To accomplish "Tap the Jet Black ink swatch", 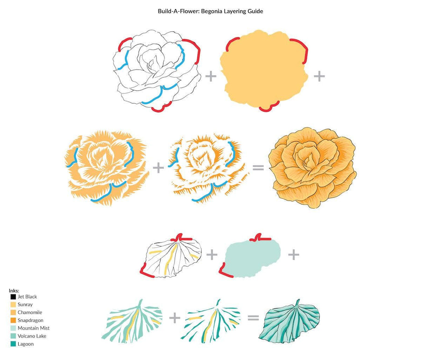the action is click(x=13, y=297).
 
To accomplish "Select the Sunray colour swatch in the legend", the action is click(x=13, y=304).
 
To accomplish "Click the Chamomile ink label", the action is click(x=30, y=312).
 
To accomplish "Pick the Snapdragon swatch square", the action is click(x=13, y=320).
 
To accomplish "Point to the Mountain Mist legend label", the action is click(x=34, y=328).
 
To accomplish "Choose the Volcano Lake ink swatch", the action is click(x=13, y=336).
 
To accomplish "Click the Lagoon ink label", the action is click(x=26, y=344).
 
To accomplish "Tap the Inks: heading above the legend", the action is click(x=14, y=290).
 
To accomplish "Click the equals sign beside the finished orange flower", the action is click(x=258, y=168).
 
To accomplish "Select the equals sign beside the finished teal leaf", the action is click(x=253, y=317).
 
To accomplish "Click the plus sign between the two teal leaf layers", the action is click(x=175, y=318).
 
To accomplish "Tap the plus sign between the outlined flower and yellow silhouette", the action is click(x=211, y=76).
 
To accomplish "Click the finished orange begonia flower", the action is click(x=313, y=168).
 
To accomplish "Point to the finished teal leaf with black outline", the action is click(x=290, y=321).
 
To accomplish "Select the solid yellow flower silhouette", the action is click(x=264, y=70).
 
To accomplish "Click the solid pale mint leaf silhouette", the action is click(x=250, y=257).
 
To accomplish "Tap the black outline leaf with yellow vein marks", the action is click(x=171, y=256).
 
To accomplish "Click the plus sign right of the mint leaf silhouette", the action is click(x=293, y=255).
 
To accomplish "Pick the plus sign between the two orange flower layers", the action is click(x=159, y=168).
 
